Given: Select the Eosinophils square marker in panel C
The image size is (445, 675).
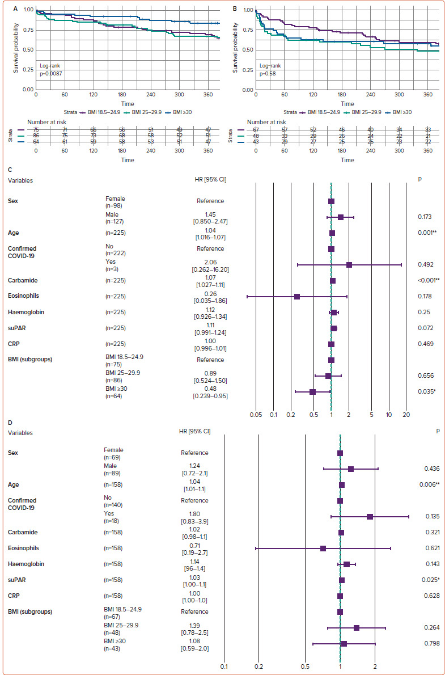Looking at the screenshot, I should click(296, 296).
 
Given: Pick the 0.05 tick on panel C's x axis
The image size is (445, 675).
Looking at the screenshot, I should click(256, 415).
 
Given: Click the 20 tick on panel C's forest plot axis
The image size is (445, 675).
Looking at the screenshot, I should click(406, 415).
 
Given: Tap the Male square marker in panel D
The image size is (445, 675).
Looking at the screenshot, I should click(351, 469).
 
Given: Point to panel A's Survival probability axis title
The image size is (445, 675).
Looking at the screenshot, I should click(16, 49).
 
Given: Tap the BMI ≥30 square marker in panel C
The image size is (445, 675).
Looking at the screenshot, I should click(312, 391).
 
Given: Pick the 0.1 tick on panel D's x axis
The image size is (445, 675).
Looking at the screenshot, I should click(224, 666).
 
